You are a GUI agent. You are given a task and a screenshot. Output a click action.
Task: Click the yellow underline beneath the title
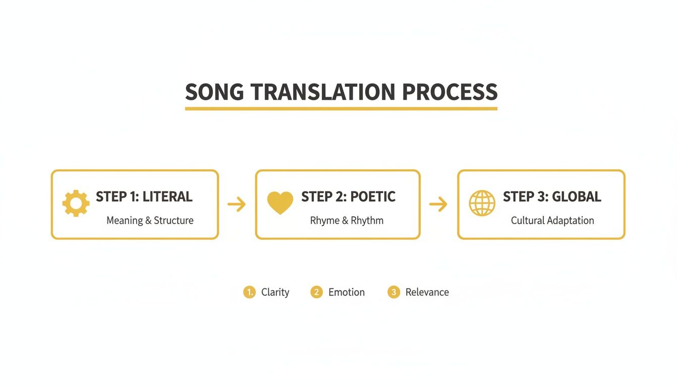click(x=341, y=108)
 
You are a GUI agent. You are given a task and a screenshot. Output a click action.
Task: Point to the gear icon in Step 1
click(x=76, y=204)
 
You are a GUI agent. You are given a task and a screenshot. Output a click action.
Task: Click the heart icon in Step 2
click(x=280, y=204)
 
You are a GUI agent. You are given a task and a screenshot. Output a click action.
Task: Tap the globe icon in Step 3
click(x=482, y=204)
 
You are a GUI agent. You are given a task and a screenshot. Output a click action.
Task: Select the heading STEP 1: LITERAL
click(x=144, y=197)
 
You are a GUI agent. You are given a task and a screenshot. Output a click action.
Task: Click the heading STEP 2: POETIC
click(x=348, y=197)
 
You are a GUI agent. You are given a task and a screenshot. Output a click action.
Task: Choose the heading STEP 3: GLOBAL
click(x=552, y=197)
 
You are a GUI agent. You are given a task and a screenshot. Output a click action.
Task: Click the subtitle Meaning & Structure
click(x=150, y=221)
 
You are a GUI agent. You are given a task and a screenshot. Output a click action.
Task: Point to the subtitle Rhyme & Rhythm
click(x=347, y=221)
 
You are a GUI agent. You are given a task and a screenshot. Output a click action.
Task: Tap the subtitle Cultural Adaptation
click(x=552, y=221)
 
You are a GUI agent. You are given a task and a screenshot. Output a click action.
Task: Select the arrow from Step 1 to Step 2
click(x=237, y=204)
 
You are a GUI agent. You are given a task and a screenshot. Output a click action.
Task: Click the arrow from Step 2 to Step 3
click(x=438, y=204)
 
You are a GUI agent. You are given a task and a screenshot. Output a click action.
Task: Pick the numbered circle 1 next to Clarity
click(x=249, y=292)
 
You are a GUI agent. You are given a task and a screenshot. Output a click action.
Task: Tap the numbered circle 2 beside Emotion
click(x=316, y=292)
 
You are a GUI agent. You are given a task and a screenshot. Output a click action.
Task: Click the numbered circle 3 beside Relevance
click(x=393, y=292)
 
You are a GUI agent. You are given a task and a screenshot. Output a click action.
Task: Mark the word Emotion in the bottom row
click(x=347, y=292)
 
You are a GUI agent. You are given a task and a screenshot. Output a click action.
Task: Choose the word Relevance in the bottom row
click(x=427, y=292)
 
